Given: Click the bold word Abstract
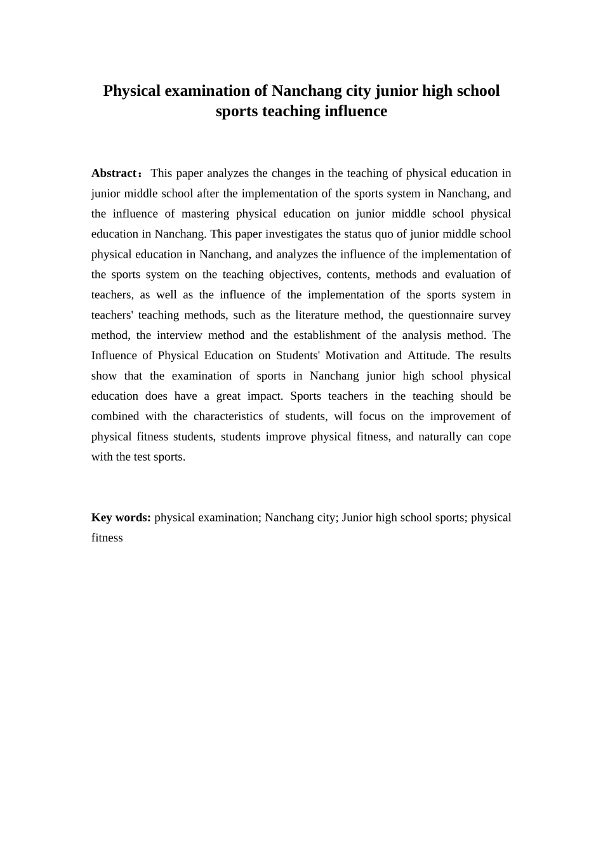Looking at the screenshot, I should tap(114, 173).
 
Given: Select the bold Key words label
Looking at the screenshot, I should tap(121, 517).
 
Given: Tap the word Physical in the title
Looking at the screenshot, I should tap(132, 91).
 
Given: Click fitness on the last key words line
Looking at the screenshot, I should tap(107, 538).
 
